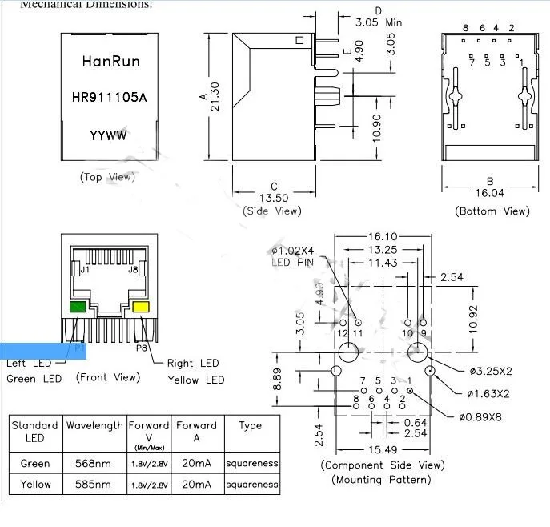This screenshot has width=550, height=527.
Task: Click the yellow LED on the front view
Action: [x=141, y=308]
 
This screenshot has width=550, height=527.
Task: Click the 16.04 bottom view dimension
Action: [x=490, y=193]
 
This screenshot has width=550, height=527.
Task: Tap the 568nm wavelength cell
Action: [x=94, y=463]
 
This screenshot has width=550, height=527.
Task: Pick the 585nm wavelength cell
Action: [x=94, y=484]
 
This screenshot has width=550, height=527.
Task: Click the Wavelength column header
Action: [x=94, y=425]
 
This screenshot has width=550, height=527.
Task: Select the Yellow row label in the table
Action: [x=35, y=484]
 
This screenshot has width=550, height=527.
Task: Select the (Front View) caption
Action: [x=107, y=377]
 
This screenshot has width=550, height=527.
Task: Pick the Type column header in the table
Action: [x=250, y=425]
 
